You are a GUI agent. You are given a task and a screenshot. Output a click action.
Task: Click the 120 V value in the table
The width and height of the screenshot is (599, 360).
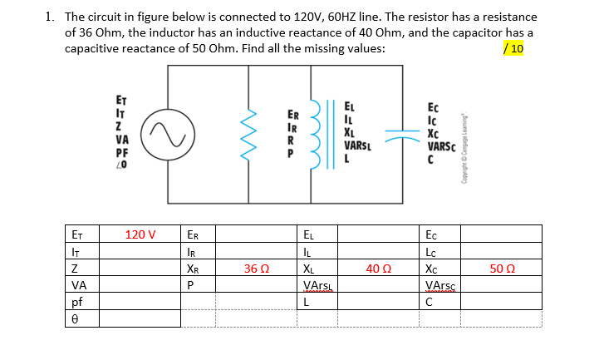140,234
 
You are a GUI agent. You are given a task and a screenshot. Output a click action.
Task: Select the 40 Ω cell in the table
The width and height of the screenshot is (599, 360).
377,269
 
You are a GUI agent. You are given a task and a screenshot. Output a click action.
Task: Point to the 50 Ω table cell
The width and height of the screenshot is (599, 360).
502,269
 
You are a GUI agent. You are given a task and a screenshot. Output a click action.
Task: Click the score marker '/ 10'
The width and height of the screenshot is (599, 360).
513,48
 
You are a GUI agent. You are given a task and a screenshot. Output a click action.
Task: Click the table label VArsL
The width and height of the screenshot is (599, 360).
317,286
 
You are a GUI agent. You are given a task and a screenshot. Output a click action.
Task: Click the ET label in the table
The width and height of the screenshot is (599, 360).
77,234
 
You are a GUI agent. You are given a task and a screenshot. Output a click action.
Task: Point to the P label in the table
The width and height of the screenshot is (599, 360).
192,285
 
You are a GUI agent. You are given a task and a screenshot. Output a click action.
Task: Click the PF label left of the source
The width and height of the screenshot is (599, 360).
122,152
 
